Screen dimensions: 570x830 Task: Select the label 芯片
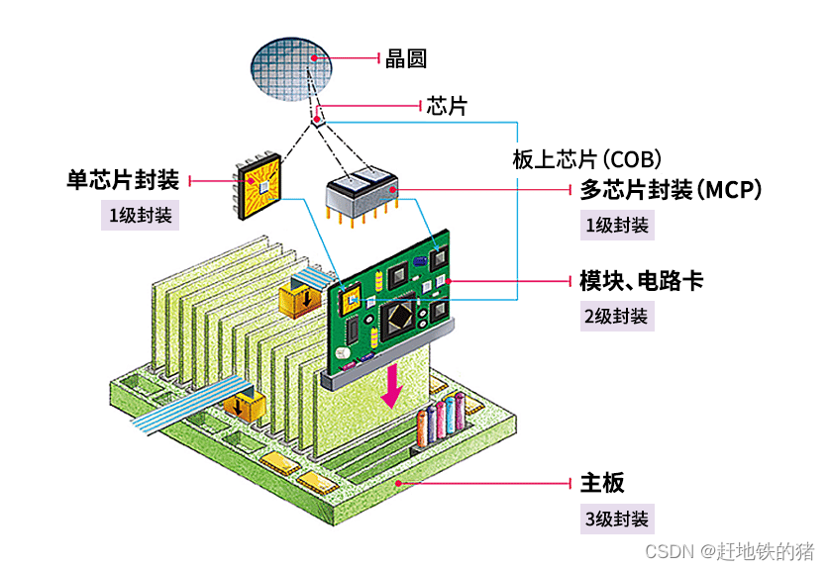coord(446,106)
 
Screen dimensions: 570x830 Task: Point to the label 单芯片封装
coord(123,180)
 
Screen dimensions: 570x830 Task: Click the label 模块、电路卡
coord(642,280)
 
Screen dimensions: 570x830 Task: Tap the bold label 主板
coord(602,483)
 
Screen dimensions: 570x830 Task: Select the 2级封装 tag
coord(616,316)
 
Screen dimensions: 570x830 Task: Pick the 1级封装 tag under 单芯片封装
coord(141,215)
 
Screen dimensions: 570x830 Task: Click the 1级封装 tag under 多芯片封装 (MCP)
coord(617,225)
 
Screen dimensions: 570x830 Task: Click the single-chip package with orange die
coord(262,186)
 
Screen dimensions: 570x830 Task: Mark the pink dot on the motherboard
coord(398,483)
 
